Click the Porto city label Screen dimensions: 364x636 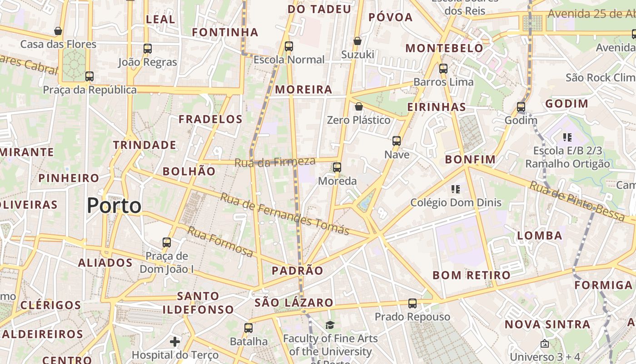[114, 206]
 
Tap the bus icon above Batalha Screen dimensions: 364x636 [248, 328]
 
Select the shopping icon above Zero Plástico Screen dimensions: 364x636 [359, 107]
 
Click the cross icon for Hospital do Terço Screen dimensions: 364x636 [175, 341]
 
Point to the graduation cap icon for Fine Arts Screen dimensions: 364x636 [330, 325]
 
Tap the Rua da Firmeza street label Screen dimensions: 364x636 [275, 162]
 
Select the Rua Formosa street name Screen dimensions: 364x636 [220, 242]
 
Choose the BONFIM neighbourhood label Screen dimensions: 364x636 [470, 159]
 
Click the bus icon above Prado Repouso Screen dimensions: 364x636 [412, 303]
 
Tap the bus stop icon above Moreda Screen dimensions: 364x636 [337, 167]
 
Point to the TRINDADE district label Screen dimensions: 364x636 [144, 145]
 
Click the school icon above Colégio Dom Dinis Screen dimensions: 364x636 [456, 189]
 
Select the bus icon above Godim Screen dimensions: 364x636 [521, 107]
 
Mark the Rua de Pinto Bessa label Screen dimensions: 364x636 [577, 201]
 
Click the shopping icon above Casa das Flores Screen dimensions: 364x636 [58, 31]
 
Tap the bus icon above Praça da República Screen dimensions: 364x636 [89, 76]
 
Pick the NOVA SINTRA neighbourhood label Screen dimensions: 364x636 [547, 324]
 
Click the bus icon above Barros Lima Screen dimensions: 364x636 [443, 69]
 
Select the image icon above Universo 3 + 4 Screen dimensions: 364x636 [545, 344]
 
